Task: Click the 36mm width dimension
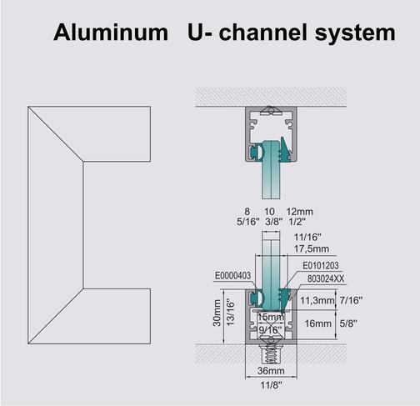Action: [267, 371]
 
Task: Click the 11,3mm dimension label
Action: [316, 301]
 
